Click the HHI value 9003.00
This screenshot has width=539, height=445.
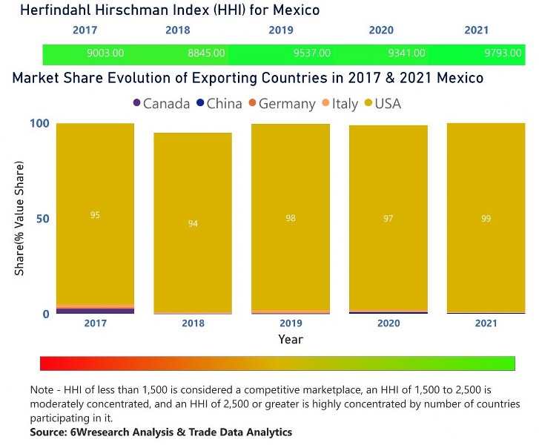pyautogui.click(x=106, y=54)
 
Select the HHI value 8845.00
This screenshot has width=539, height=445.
pyautogui.click(x=206, y=54)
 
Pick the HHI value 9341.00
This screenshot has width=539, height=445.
pyautogui.click(x=407, y=54)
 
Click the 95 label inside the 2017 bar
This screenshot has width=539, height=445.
pyautogui.click(x=95, y=215)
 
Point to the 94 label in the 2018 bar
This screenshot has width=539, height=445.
pyautogui.click(x=193, y=223)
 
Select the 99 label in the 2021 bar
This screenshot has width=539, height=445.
pyautogui.click(x=486, y=218)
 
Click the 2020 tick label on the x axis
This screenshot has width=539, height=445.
pyautogui.click(x=388, y=324)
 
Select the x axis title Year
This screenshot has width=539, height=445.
pyautogui.click(x=290, y=339)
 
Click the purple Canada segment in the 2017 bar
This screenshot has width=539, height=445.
pyautogui.click(x=95, y=311)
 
